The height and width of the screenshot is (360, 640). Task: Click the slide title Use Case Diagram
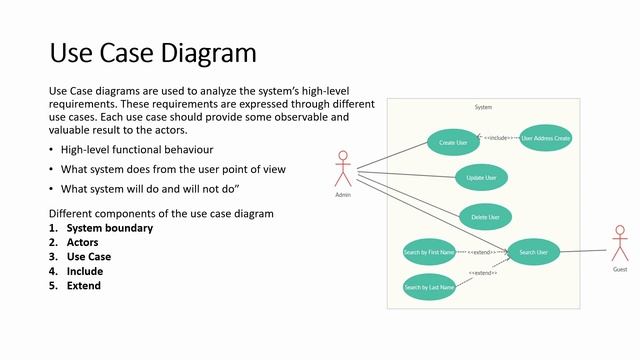[153, 52]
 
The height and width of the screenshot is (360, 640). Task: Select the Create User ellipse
[453, 143]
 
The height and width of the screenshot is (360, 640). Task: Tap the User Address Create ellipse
[546, 138]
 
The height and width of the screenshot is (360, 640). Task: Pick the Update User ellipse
[482, 178]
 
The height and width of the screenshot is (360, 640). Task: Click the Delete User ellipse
[486, 215]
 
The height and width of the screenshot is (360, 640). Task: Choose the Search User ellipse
[534, 252]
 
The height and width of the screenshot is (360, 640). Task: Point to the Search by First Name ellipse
[429, 252]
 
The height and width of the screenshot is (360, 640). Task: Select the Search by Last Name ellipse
[429, 288]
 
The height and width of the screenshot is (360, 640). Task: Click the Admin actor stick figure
[344, 167]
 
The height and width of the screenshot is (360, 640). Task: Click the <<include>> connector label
[497, 137]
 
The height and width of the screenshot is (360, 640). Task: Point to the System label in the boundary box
[483, 107]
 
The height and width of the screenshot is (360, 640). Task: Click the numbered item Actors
[83, 242]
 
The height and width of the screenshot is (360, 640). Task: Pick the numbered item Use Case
[89, 256]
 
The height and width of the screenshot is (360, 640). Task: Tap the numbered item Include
[85, 271]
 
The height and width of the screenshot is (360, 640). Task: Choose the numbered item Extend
[84, 285]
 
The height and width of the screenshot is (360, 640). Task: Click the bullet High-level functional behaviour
[137, 150]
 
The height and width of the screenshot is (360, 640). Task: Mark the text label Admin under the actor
[344, 195]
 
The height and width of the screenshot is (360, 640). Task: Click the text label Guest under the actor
[620, 270]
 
